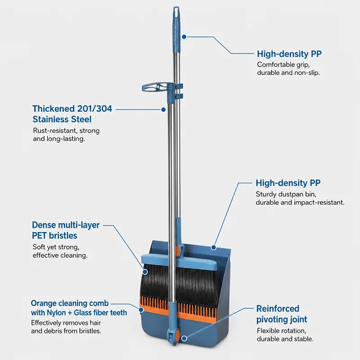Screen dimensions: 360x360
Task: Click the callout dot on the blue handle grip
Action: click(184, 37)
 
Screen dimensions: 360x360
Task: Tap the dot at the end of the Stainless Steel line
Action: click(163, 109)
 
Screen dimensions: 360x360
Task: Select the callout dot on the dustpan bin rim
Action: click(213, 247)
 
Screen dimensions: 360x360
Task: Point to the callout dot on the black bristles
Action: click(145, 272)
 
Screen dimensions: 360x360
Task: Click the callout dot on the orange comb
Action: click(141, 310)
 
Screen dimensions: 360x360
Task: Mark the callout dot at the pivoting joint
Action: click(184, 338)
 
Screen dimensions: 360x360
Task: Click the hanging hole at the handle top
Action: click(176, 10)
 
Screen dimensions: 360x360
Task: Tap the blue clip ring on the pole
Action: click(154, 87)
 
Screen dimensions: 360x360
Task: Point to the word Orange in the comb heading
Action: click(44, 303)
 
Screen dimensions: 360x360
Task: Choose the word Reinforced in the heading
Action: click(278, 309)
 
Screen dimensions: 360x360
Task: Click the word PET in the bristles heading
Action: click(39, 235)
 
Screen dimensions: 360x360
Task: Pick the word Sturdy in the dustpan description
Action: click(266, 194)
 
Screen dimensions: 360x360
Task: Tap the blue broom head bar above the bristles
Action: click(179, 262)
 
